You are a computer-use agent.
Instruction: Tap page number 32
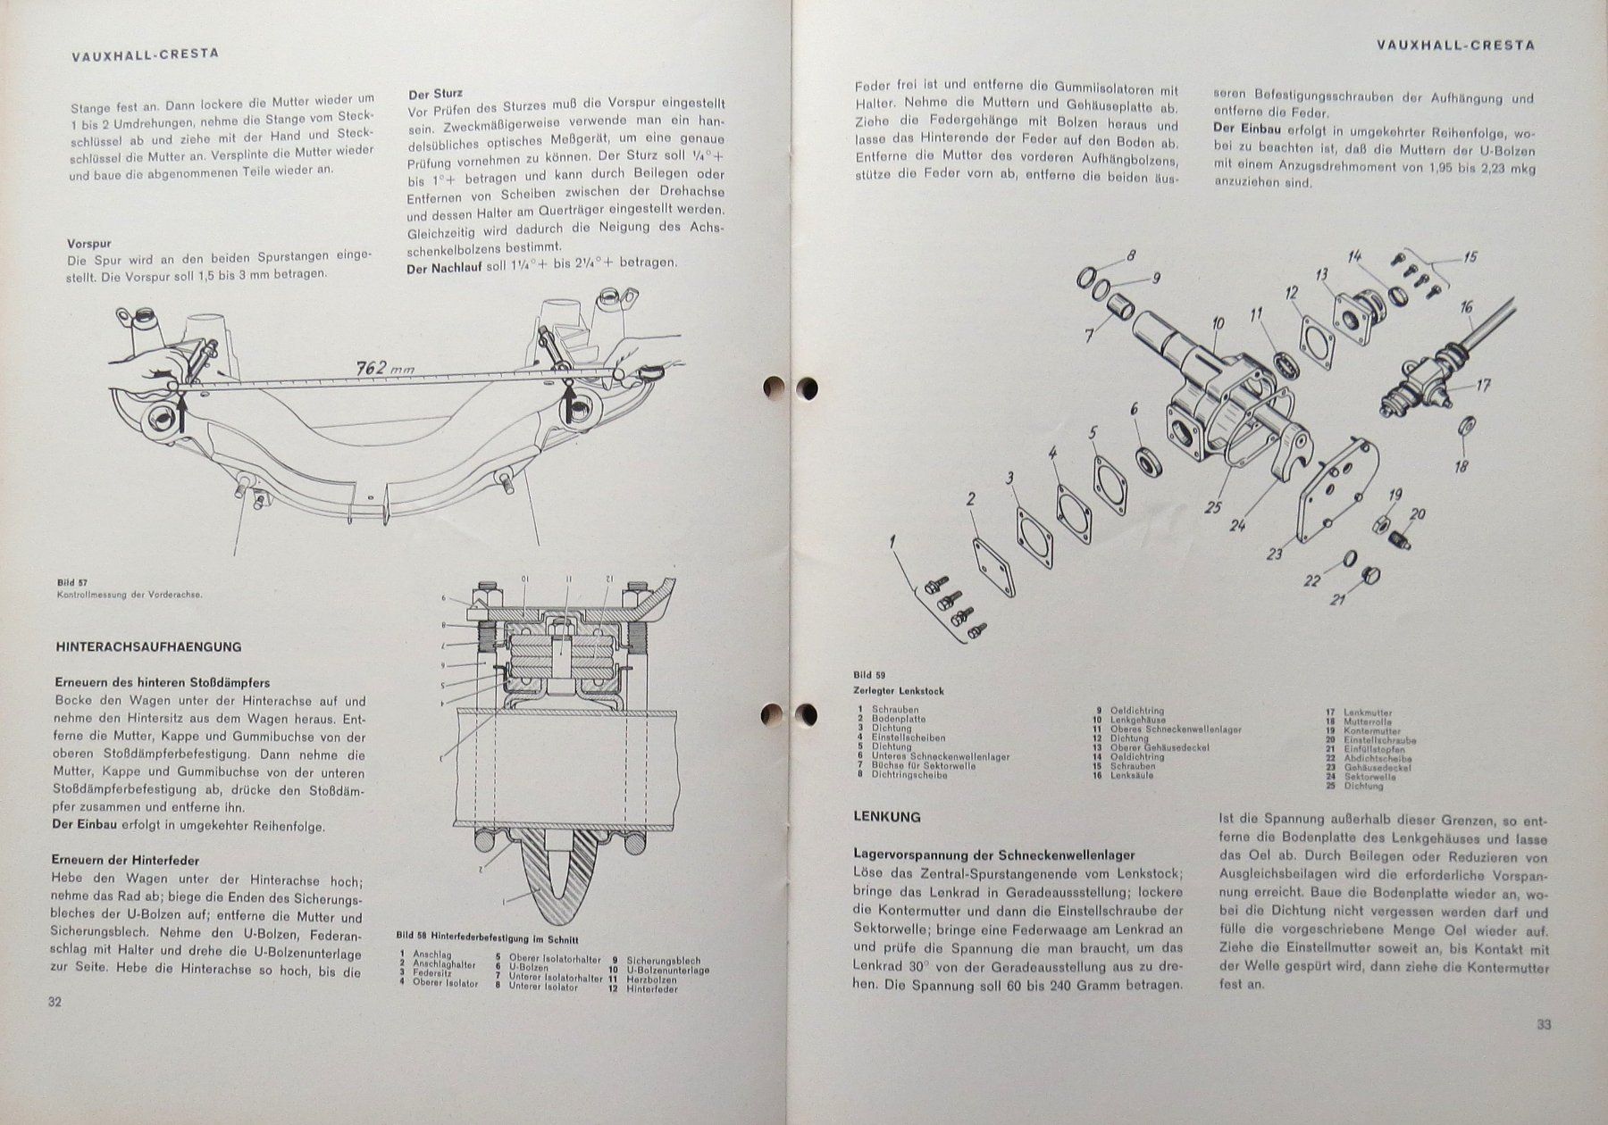pos(54,1002)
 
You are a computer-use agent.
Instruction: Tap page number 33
pos(1544,1024)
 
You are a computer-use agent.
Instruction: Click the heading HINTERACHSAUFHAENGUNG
pos(148,646)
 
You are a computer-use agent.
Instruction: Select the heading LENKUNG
pos(887,816)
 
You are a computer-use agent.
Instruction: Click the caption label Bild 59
pos(862,675)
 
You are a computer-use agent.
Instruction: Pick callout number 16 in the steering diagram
pos(1466,308)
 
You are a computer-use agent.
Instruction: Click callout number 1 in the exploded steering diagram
pos(892,541)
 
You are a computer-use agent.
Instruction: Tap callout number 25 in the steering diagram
pos(1212,507)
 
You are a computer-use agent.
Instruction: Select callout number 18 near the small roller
pos(1461,465)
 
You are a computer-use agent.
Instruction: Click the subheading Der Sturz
pos(435,93)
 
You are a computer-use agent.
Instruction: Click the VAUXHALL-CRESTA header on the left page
pos(144,54)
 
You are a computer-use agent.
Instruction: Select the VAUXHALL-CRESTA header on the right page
pos(1455,45)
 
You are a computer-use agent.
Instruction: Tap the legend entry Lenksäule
pos(1128,775)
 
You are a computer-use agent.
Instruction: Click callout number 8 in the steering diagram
pos(1130,255)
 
